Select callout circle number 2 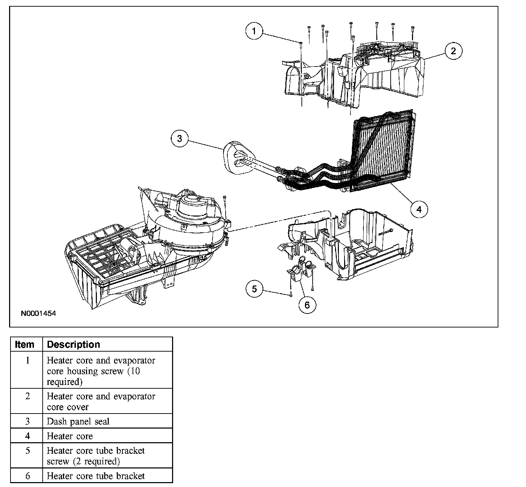coord(453,51)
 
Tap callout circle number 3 coord(180,139)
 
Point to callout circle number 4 coord(419,209)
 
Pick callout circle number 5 coord(254,289)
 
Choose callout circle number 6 coord(307,305)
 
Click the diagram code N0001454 coord(38,313)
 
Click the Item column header coord(25,345)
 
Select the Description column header coord(73,345)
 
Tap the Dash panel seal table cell coord(78,422)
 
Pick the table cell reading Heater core coord(70,436)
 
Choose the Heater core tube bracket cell coord(95,476)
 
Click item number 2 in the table coord(28,396)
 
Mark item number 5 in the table coord(28,451)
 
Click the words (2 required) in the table coord(97,461)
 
